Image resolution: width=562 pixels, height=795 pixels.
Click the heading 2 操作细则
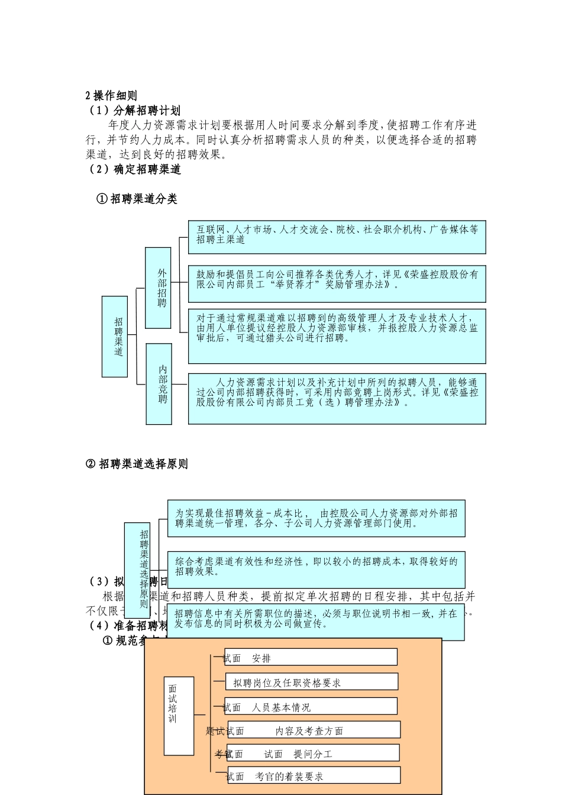[111, 96]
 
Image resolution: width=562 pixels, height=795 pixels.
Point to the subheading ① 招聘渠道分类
[137, 199]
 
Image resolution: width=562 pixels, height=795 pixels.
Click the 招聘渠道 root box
[115, 337]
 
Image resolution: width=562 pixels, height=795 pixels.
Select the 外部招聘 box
[158, 288]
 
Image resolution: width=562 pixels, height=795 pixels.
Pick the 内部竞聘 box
[159, 384]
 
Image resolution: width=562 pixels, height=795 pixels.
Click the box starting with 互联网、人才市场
[337, 237]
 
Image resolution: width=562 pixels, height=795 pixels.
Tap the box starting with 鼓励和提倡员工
[337, 284]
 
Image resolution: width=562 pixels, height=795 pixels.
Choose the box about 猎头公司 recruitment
[337, 335]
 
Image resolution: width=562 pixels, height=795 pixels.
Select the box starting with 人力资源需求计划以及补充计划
[337, 398]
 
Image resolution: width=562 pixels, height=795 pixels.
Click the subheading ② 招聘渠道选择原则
[137, 464]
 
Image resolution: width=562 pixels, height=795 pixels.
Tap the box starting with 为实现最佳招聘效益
[316, 518]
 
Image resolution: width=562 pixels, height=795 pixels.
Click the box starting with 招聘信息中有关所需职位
[316, 621]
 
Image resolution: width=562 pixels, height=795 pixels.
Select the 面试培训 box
[179, 716]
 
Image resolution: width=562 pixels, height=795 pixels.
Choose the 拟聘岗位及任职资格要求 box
[311, 681]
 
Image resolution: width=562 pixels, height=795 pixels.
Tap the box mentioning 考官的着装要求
[314, 775]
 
